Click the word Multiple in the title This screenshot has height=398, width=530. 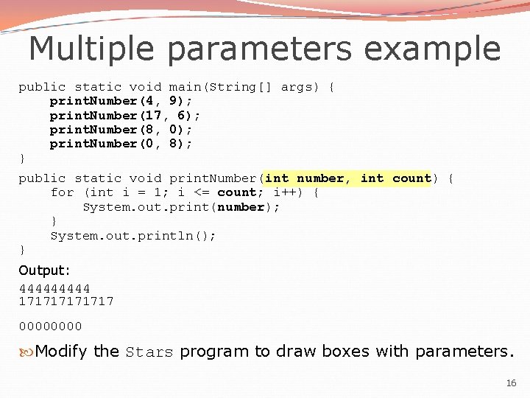pos(91,49)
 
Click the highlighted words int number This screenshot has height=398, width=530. pos(304,178)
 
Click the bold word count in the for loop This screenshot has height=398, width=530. pos(236,192)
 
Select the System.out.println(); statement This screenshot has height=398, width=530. pos(133,236)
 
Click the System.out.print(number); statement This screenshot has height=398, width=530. pos(181,207)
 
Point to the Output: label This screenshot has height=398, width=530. pos(45,270)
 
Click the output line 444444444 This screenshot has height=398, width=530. pos(54,288)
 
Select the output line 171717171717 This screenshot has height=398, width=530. pos(66,301)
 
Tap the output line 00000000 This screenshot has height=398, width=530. pos(50,326)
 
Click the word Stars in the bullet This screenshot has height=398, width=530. pos(149,352)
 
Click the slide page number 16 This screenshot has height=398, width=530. pos(512,383)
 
